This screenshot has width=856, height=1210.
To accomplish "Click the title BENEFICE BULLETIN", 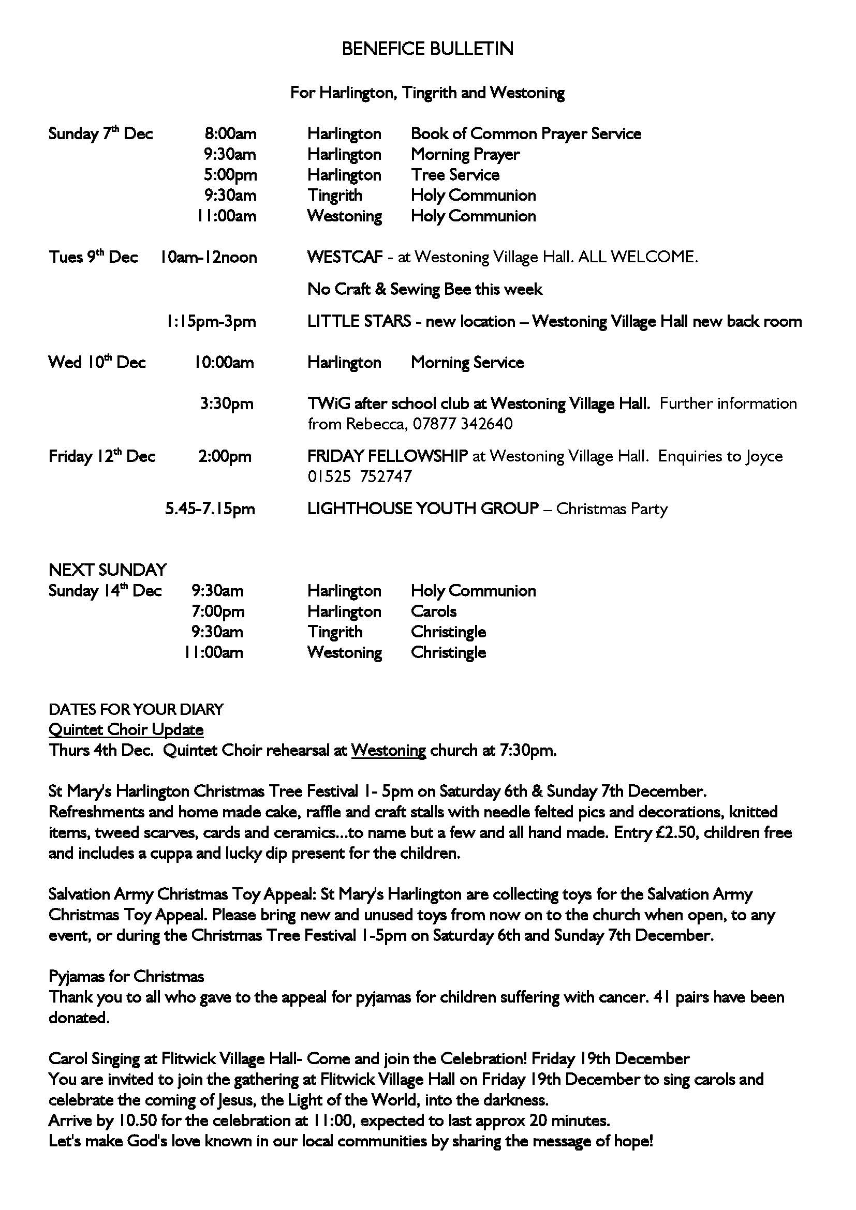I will [427, 49].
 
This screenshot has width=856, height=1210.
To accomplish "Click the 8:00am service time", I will [230, 134].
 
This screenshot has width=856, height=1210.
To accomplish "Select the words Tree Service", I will [455, 175].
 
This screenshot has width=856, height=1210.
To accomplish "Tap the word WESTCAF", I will [345, 257].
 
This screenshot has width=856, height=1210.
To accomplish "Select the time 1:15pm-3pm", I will [211, 321].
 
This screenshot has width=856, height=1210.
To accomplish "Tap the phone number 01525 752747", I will [360, 477].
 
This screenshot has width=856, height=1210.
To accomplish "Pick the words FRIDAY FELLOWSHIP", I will [388, 456].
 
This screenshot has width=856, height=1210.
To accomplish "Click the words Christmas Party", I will [611, 509].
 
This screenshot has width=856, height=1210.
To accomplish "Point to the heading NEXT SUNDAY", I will [108, 570].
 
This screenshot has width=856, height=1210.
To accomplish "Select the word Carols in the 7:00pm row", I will [433, 611].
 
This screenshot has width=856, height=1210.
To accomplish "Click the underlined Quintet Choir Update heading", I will [126, 730].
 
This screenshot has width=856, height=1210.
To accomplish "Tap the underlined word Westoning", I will [389, 751].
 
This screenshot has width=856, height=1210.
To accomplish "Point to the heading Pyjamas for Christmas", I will [126, 977].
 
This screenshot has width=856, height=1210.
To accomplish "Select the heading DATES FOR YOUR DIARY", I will [136, 709].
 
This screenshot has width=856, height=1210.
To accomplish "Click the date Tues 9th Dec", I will [93, 257].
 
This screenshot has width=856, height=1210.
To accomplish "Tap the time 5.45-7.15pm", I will [210, 509].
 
